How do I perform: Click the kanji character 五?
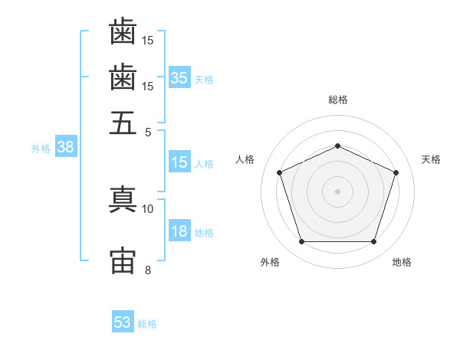pos(123,123)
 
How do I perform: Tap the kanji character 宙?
pos(123,260)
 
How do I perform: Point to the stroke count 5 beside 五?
pos(148,132)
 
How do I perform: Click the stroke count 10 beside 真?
pos(148,208)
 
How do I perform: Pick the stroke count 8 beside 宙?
pos(148,269)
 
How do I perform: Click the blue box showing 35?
pos(179,78)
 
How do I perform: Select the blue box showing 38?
pos(65,148)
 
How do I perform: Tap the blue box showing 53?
pos(123,322)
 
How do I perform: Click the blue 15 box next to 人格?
pos(179,162)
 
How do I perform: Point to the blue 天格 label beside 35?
pos(204,80)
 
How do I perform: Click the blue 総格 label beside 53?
pos(147,324)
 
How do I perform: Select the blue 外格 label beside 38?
pos(41,149)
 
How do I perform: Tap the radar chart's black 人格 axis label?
pos(245,159)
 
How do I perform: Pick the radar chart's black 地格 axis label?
pos(402,262)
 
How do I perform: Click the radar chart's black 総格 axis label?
pos(338,100)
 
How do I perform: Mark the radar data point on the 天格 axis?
pos(396,172)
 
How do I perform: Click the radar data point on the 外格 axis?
pos(301,242)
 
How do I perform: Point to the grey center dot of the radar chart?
pos(337,191)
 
